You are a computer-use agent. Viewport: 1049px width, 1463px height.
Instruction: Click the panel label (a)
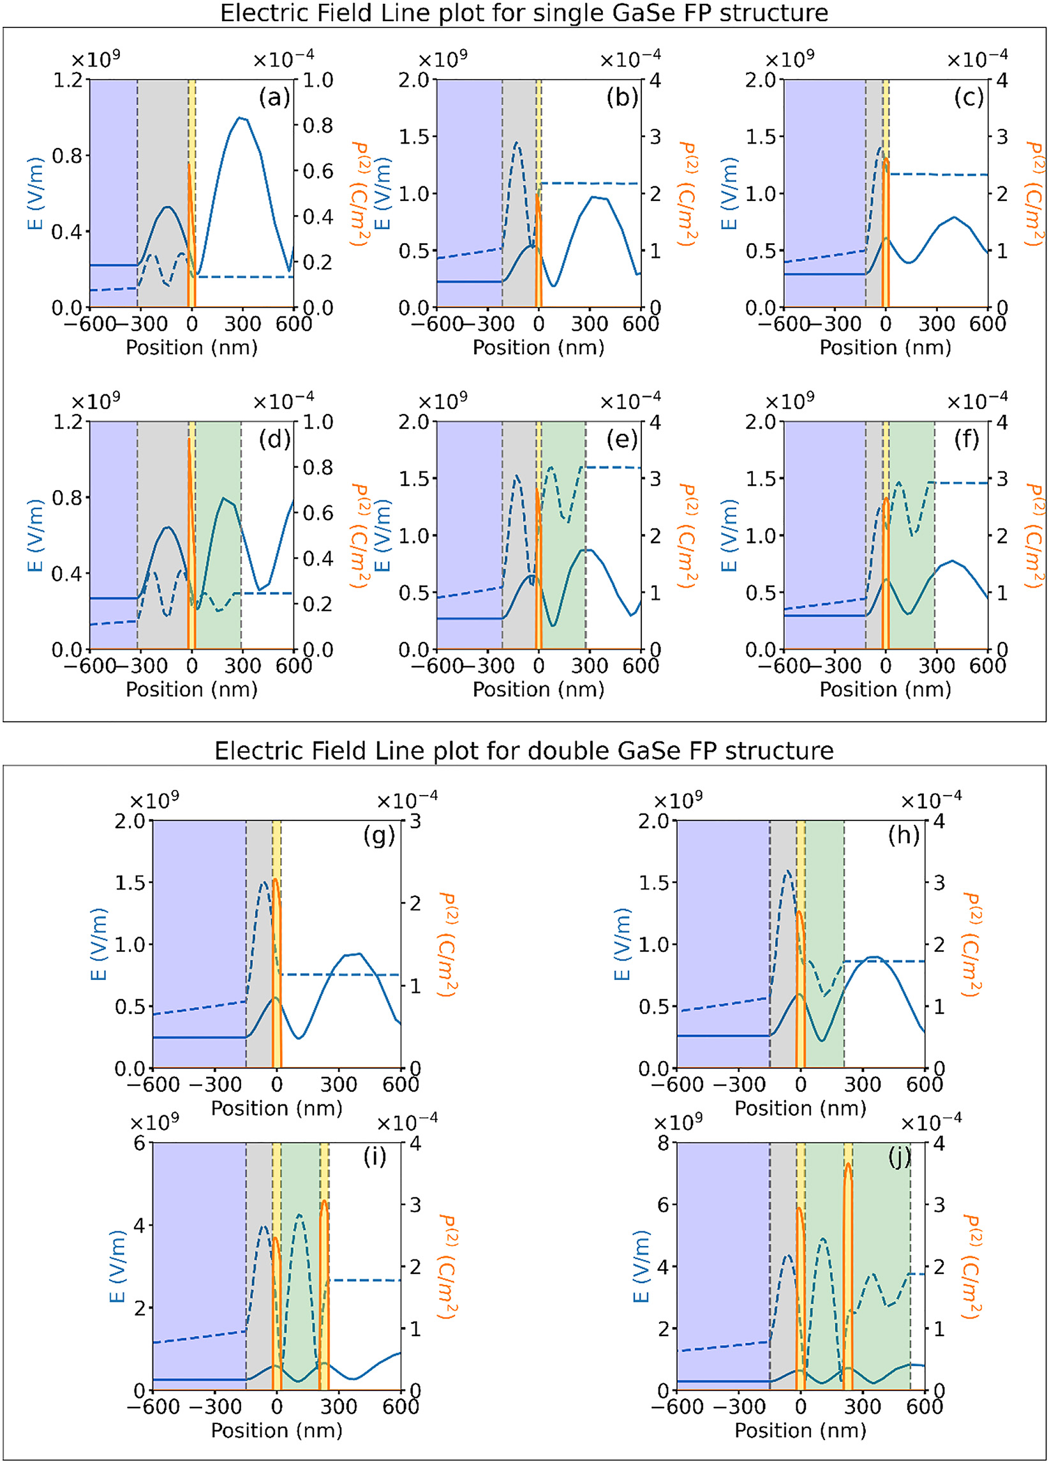click(x=274, y=98)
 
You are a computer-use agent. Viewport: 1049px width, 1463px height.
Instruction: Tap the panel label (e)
click(x=621, y=440)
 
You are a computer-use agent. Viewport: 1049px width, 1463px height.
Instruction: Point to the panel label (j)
click(x=899, y=1158)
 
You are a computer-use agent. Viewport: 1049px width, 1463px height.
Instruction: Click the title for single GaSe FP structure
click(x=524, y=13)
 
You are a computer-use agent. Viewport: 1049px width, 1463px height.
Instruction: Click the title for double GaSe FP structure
click(x=524, y=751)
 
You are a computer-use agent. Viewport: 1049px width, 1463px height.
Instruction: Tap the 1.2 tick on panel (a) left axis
click(x=68, y=80)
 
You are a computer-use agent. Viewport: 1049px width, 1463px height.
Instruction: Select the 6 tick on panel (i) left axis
click(x=140, y=1143)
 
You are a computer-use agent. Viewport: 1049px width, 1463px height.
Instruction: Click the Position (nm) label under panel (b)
click(x=538, y=348)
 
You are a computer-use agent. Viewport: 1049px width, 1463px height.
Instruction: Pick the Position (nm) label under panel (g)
click(x=276, y=1108)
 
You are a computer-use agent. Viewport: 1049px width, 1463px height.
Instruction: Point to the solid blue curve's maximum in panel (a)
click(x=240, y=117)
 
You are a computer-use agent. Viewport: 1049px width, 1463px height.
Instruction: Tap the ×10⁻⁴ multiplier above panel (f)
click(x=977, y=401)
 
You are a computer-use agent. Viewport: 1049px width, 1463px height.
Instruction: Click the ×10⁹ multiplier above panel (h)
click(x=678, y=800)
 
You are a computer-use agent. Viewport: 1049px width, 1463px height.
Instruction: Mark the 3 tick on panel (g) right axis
click(x=415, y=821)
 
